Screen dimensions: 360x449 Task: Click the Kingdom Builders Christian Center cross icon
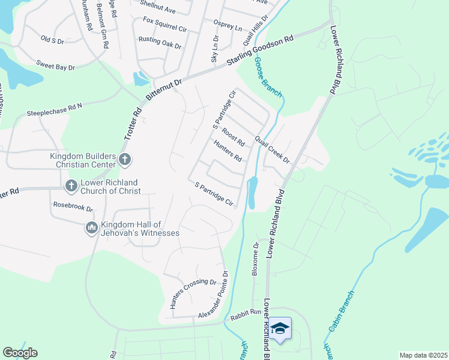[125, 160]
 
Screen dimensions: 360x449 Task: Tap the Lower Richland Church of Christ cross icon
[71, 185]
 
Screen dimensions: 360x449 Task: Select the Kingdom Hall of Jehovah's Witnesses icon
[92, 228]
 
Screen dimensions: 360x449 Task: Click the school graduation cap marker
[280, 328]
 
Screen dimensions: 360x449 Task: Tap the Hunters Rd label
[228, 151]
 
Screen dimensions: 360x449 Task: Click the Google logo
[20, 353]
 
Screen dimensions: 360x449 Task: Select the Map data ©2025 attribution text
[423, 355]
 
